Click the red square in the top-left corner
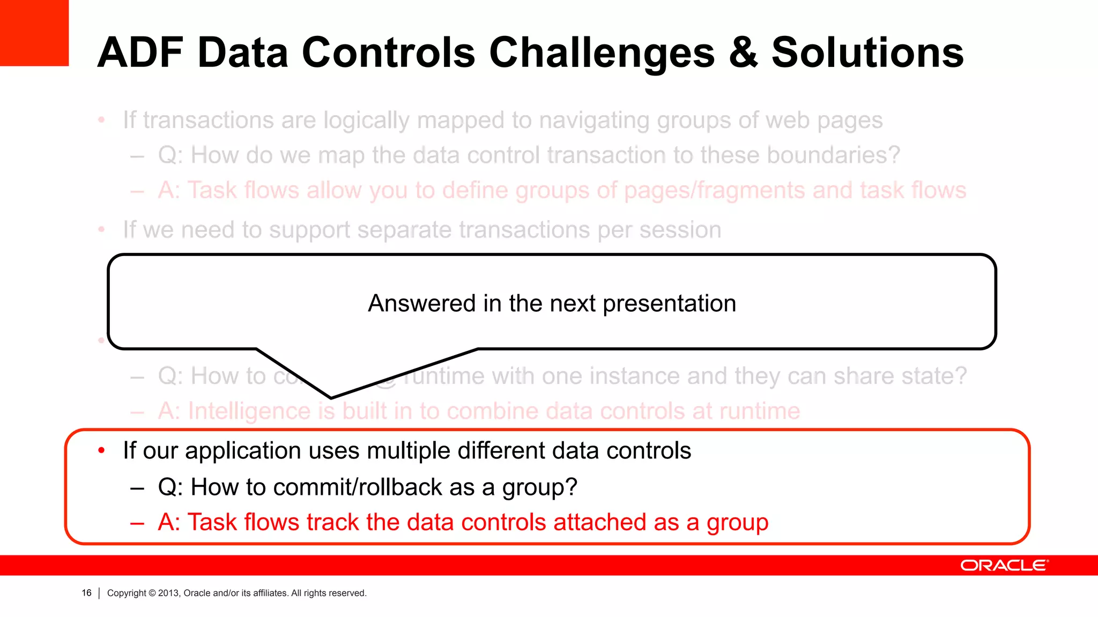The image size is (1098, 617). (34, 32)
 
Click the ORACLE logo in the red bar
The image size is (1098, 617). (1004, 566)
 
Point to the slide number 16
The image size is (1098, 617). (86, 593)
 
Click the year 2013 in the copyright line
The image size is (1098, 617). (169, 593)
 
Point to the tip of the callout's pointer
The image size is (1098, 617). (331, 397)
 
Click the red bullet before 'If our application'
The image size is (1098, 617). (101, 451)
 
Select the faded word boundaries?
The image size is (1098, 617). (833, 155)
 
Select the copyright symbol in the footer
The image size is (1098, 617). (152, 593)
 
